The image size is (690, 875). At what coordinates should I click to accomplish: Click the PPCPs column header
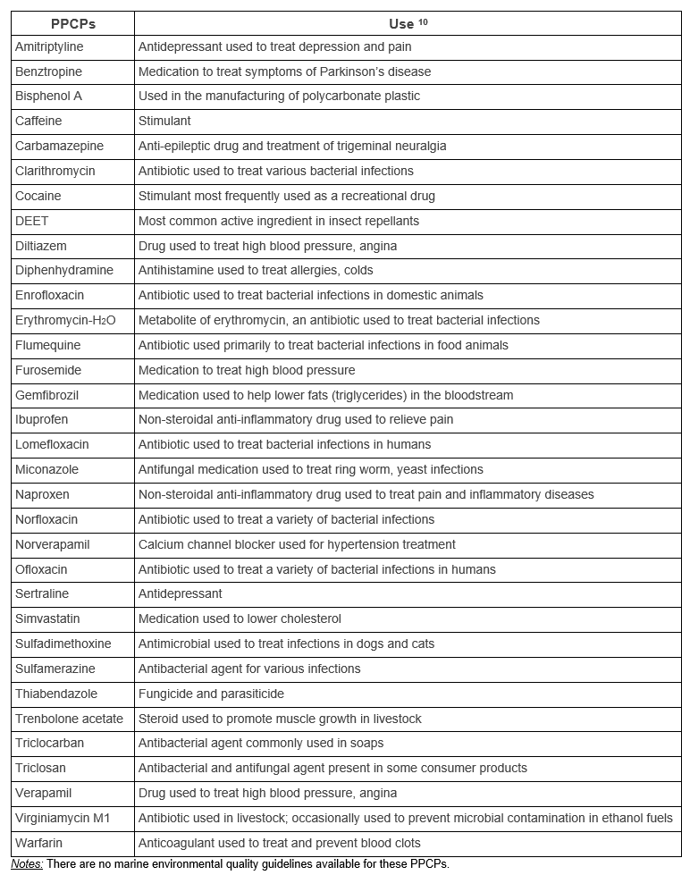[x=72, y=23]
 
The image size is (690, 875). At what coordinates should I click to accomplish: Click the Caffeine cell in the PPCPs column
[x=38, y=121]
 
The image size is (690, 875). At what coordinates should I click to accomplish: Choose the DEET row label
[x=31, y=221]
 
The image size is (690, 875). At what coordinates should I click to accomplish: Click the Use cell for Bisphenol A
[x=279, y=96]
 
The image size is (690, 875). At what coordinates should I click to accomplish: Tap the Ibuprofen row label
[x=41, y=419]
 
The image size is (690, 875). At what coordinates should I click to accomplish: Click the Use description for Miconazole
[x=310, y=469]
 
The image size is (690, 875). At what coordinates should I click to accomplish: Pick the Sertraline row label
[x=42, y=593]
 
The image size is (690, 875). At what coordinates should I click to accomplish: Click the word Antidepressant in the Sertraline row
[x=180, y=593]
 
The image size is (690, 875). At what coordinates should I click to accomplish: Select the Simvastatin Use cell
[x=240, y=618]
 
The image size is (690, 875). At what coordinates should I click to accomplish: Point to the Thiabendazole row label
[x=56, y=694]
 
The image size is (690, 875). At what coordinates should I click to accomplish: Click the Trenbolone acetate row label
[x=69, y=719]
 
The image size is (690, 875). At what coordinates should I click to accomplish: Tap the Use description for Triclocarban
[x=261, y=743]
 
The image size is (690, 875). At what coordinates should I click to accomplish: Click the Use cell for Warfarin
[x=279, y=843]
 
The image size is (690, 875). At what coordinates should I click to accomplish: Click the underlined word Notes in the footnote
[x=26, y=864]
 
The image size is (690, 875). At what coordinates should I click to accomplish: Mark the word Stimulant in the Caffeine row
[x=164, y=121]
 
